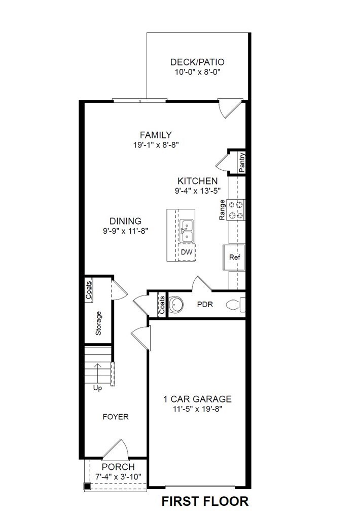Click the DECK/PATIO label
point(197,62)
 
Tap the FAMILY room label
point(156,135)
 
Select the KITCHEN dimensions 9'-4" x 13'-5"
point(197,191)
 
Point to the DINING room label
point(125,221)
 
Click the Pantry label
point(242,163)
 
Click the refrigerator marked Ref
point(234,257)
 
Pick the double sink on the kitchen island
point(186,231)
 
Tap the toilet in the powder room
point(236,305)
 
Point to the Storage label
point(98,323)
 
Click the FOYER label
point(116,417)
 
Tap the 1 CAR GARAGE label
point(197,399)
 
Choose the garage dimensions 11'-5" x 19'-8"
point(197,409)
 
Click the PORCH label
point(118,467)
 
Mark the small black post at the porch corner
point(87,487)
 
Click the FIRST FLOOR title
point(205,502)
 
